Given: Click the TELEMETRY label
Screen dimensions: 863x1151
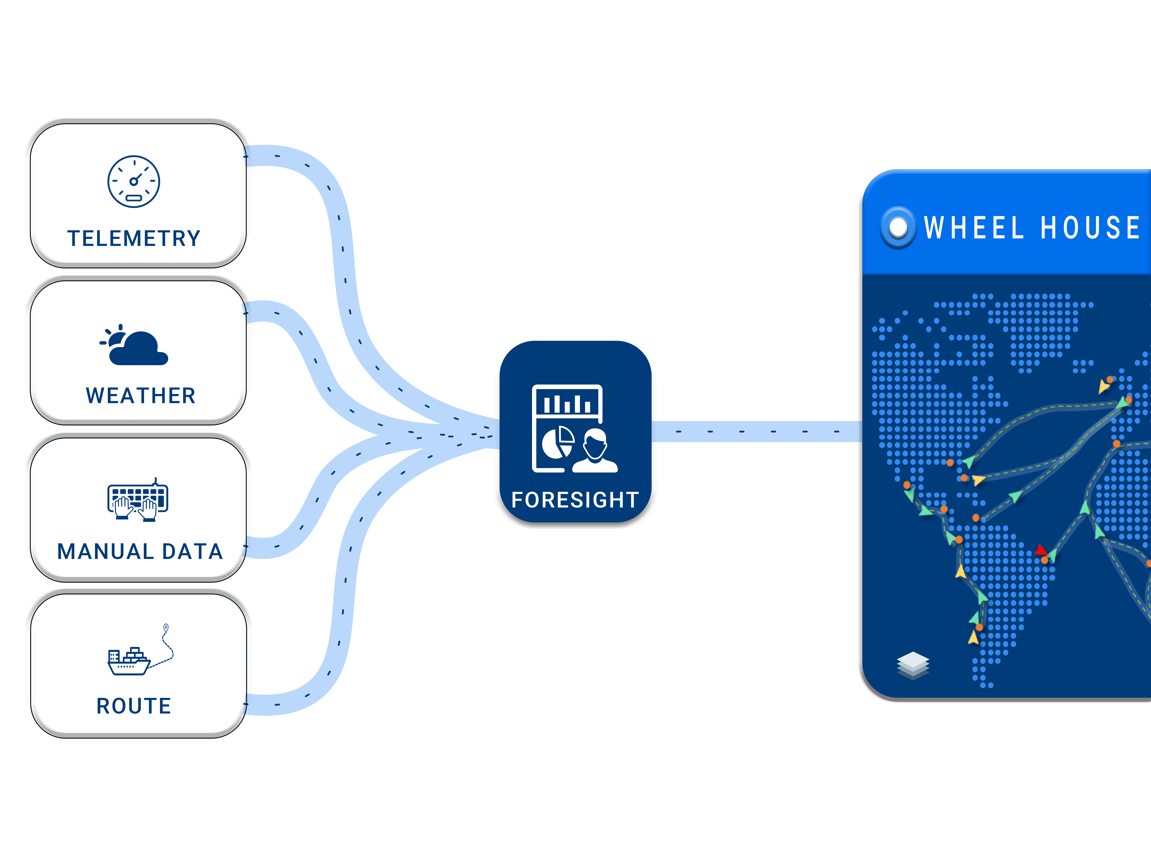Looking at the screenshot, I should coord(134,238).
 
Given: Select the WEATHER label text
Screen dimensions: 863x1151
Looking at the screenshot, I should coord(140,396).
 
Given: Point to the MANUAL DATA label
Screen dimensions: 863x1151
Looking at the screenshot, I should coord(140,551).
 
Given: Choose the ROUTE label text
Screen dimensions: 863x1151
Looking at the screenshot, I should coord(134,706).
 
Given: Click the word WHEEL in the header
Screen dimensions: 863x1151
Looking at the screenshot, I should coord(973,228).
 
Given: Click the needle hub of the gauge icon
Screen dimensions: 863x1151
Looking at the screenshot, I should coord(134,182).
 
